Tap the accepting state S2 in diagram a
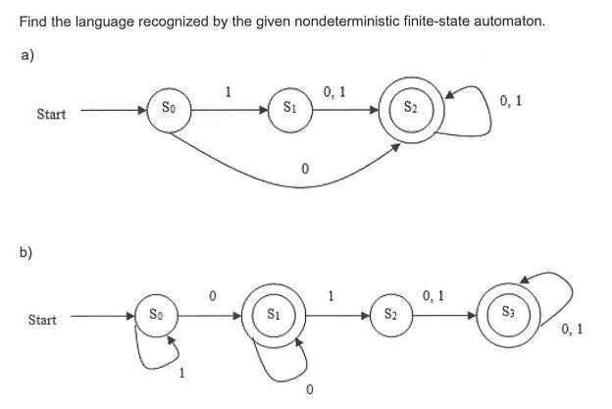point(415,108)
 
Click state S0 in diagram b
point(156,316)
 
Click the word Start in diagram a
point(51,114)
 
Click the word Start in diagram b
point(42,320)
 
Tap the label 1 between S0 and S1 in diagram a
point(228,93)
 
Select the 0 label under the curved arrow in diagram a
point(305,170)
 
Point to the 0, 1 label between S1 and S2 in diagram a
point(333,92)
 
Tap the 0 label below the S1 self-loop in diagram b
point(309,391)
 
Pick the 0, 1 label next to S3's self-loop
point(571,329)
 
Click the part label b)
point(26,252)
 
